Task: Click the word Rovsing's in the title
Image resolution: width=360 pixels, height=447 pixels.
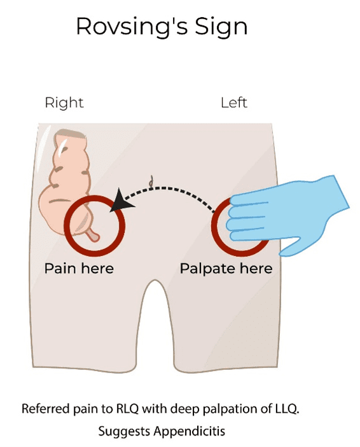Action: [x=132, y=26]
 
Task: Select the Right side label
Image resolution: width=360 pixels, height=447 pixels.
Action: [x=64, y=103]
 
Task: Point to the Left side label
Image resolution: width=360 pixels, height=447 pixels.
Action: [x=234, y=103]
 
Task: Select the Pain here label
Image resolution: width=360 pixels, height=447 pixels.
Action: [x=79, y=269]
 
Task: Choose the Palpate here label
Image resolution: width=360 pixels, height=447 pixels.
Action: [x=226, y=269]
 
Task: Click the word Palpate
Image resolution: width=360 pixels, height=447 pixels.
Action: [x=207, y=269]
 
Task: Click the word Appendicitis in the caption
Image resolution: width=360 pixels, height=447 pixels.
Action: [x=190, y=430]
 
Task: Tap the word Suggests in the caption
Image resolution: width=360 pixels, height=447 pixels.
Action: [x=125, y=432]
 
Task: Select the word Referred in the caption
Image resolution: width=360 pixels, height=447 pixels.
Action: [x=46, y=409]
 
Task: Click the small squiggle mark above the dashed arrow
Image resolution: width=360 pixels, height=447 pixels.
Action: [x=151, y=181]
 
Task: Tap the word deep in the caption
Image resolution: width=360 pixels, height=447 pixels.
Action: [x=185, y=409]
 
